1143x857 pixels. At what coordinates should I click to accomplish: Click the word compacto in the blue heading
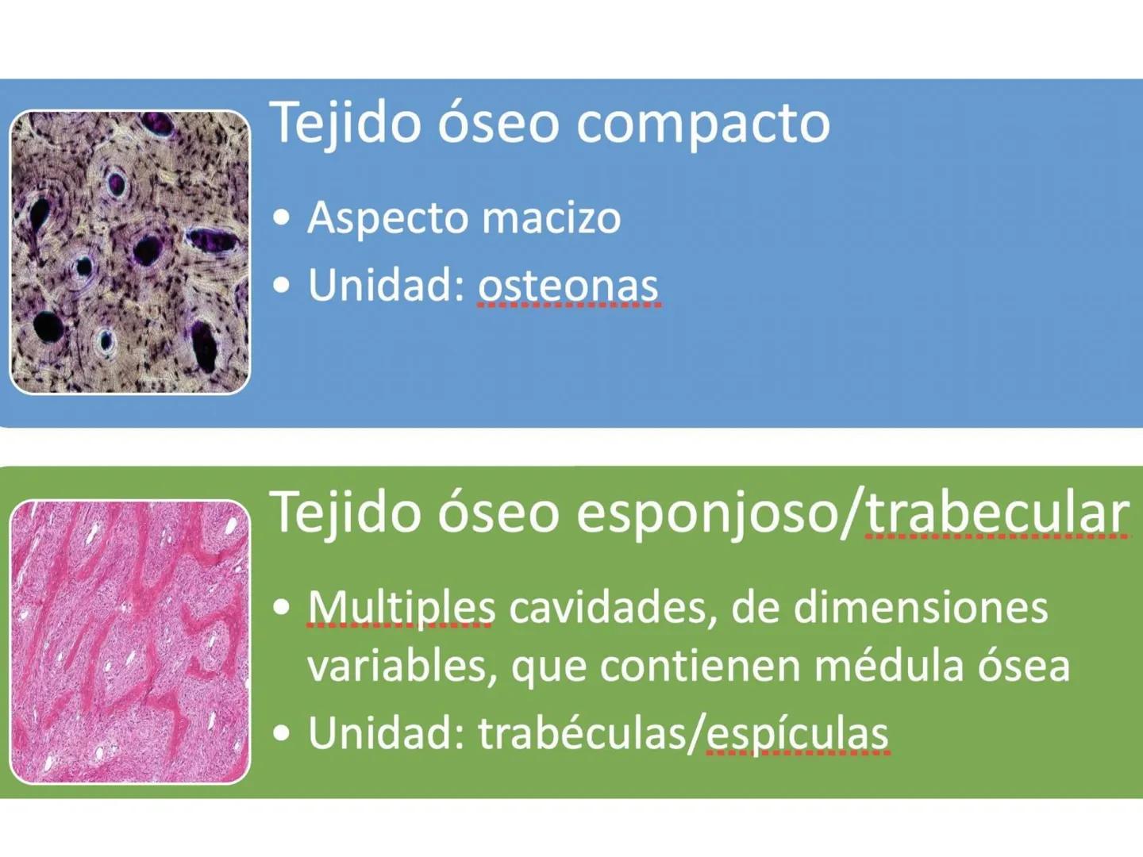[702, 124]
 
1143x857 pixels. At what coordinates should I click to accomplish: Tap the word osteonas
[568, 286]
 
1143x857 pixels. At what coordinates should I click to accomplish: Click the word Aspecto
[387, 218]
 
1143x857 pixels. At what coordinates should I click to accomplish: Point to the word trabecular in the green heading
[997, 512]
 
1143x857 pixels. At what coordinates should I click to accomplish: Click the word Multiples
[401, 608]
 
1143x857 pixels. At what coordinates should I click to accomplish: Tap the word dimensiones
[921, 608]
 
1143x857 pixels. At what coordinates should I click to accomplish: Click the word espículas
[797, 733]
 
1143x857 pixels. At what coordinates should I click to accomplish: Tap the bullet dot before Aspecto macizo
[281, 218]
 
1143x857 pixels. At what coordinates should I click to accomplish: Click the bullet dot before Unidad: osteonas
[281, 286]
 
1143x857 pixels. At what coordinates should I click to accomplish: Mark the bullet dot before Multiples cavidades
[281, 608]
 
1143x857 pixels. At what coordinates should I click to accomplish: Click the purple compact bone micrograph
[129, 252]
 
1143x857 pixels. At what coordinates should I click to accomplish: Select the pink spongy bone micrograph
[129, 641]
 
